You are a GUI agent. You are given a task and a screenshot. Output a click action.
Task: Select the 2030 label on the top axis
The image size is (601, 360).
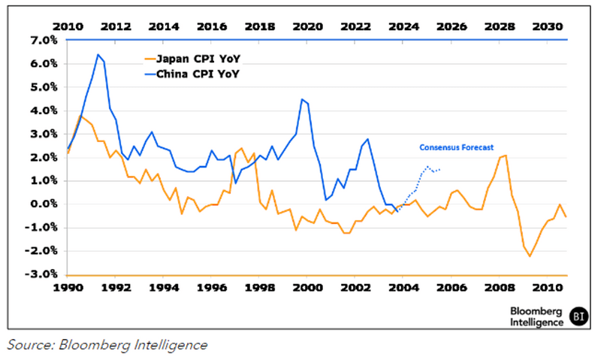[548, 26]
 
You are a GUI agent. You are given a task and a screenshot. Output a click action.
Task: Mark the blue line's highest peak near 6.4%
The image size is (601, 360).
[98, 54]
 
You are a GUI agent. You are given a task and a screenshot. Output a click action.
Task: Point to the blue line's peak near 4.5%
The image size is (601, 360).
[301, 99]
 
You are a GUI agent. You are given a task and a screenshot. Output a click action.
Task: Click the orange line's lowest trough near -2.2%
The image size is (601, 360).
[530, 256]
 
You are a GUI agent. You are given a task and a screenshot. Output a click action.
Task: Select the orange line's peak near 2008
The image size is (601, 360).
[506, 155]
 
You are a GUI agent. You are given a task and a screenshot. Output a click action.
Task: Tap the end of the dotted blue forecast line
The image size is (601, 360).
[439, 169]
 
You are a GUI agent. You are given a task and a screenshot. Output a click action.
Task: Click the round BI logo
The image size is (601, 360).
[577, 316]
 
